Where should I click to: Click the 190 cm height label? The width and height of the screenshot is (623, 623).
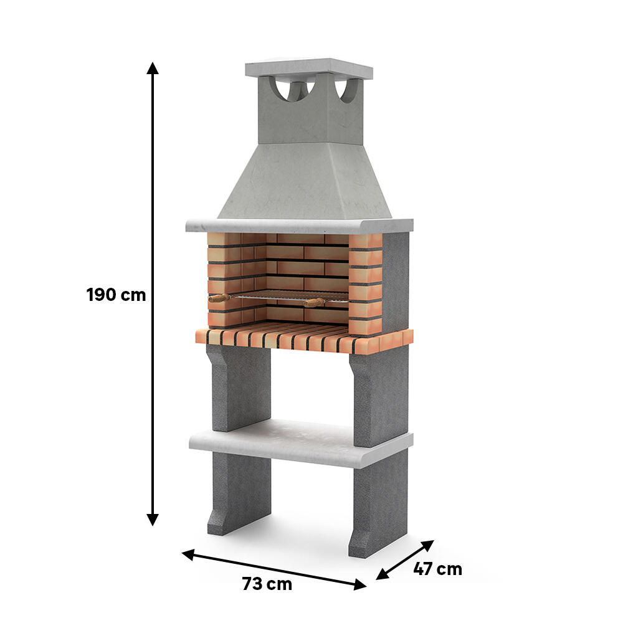(x=116, y=295)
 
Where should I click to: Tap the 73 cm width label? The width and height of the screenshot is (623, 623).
(x=267, y=584)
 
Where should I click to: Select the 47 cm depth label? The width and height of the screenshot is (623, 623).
(x=437, y=569)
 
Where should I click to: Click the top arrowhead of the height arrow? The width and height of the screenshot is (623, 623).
(x=152, y=68)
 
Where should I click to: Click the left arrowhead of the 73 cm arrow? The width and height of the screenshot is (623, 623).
(x=188, y=554)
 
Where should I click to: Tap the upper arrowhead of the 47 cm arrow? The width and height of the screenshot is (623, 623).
(x=427, y=546)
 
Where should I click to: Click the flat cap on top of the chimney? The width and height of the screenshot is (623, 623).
(x=309, y=68)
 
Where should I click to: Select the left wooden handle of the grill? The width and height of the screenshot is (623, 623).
(x=219, y=298)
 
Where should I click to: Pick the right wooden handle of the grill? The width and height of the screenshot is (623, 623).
(x=314, y=303)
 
